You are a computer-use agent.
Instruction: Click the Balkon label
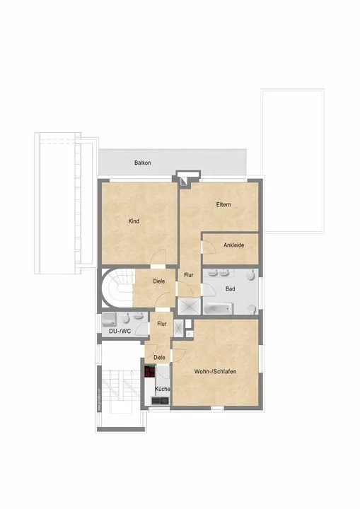[143, 163]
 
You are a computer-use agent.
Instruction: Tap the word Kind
[134, 221]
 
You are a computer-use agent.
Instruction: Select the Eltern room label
[223, 204]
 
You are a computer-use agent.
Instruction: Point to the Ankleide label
[233, 245]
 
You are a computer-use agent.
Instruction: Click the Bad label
[230, 288]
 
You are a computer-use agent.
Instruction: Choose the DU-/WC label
[120, 331]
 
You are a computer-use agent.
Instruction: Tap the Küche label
[163, 389]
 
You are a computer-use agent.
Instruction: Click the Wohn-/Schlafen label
[215, 371]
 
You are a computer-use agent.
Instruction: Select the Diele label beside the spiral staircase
[159, 281]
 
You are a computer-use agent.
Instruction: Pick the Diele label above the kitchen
[159, 358]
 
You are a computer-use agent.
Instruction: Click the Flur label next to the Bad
[188, 275]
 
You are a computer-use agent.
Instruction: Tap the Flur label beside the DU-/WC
[162, 324]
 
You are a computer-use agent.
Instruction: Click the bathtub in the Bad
[219, 308]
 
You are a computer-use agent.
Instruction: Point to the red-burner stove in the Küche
[150, 372]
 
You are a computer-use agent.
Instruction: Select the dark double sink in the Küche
[160, 401]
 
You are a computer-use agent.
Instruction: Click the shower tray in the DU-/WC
[108, 320]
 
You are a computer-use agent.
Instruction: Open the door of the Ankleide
[208, 247]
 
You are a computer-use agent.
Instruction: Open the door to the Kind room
[158, 258]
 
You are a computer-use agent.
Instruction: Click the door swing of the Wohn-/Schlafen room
[178, 355]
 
